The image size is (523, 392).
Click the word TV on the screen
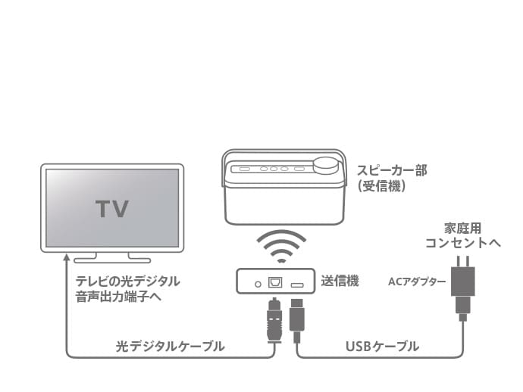[111, 208]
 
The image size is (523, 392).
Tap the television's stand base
[112, 258]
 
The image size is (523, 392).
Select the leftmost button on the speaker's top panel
[244, 168]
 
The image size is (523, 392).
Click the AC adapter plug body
[463, 281]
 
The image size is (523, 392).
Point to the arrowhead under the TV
[67, 261]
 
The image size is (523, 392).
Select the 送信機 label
[339, 281]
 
